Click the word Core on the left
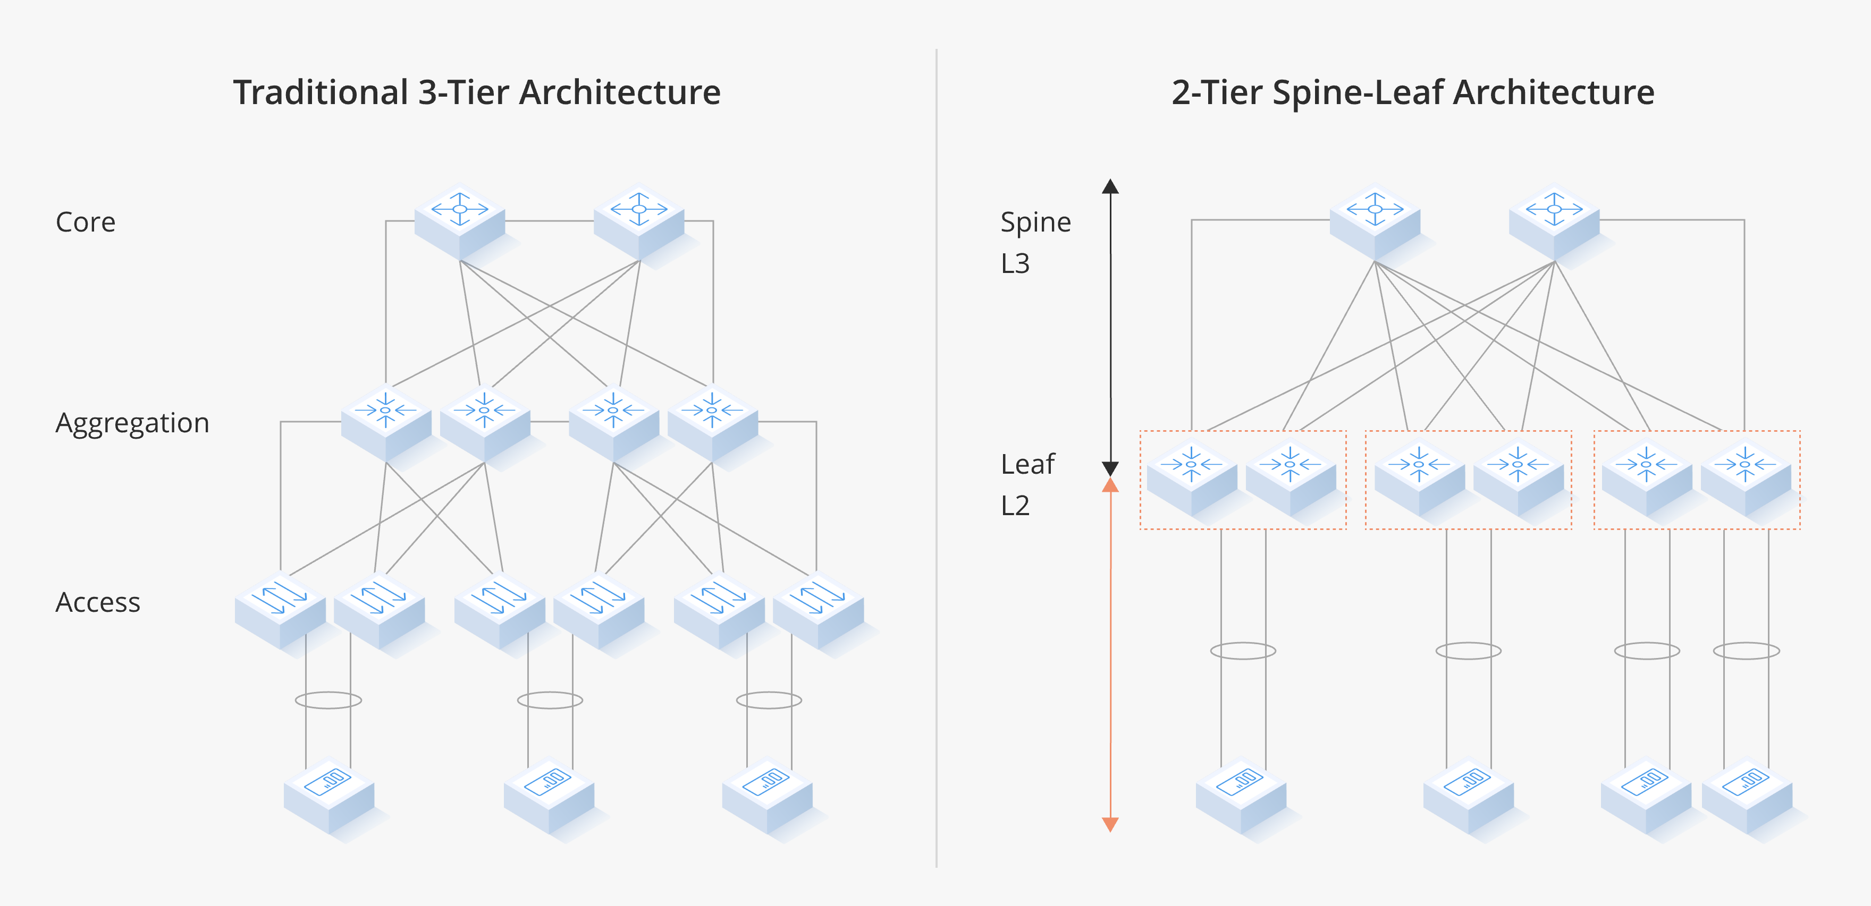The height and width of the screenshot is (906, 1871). pyautogui.click(x=86, y=222)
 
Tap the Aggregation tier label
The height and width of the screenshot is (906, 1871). pyautogui.click(x=132, y=423)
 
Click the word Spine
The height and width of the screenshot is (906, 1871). pyautogui.click(x=1035, y=222)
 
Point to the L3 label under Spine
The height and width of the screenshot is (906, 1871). pyautogui.click(x=1015, y=263)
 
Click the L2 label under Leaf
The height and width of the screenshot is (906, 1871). pyautogui.click(x=1015, y=505)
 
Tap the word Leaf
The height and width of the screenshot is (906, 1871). pyautogui.click(x=1027, y=464)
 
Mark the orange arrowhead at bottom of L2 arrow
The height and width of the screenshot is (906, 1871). pyautogui.click(x=1110, y=824)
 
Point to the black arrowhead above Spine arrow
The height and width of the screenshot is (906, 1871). pyautogui.click(x=1110, y=186)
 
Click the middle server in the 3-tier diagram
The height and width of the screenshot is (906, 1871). pyautogui.click(x=549, y=795)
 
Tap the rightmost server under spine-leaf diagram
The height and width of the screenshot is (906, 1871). pyautogui.click(x=1746, y=795)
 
